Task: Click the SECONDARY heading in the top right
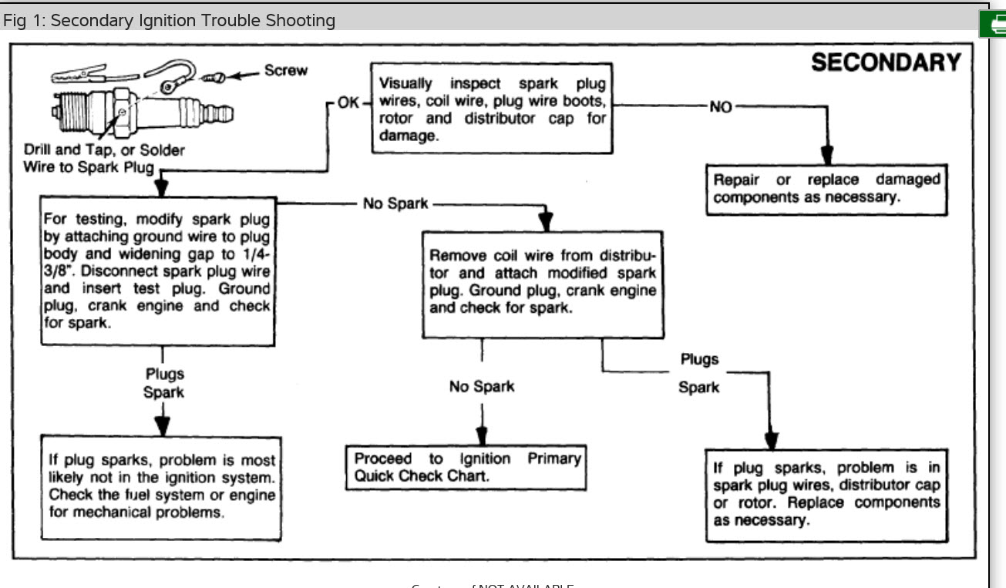[x=886, y=62]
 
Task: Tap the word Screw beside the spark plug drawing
[x=285, y=71]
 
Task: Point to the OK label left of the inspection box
[x=348, y=102]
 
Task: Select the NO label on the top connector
[x=720, y=107]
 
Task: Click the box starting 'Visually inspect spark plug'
[x=493, y=109]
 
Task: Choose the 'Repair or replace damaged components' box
[x=826, y=189]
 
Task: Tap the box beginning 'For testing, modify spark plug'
[x=157, y=270]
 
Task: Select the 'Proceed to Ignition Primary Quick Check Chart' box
[x=466, y=467]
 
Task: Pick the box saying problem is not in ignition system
[x=161, y=486]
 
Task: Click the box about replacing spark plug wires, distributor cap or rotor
[x=826, y=494]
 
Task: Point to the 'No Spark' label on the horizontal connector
[x=395, y=204]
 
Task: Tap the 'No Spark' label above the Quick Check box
[x=482, y=386]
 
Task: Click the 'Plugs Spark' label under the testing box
[x=164, y=383]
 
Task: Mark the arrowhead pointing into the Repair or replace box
[x=826, y=156]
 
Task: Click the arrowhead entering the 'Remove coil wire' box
[x=545, y=221]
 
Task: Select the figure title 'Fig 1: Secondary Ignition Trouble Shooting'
[x=170, y=20]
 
